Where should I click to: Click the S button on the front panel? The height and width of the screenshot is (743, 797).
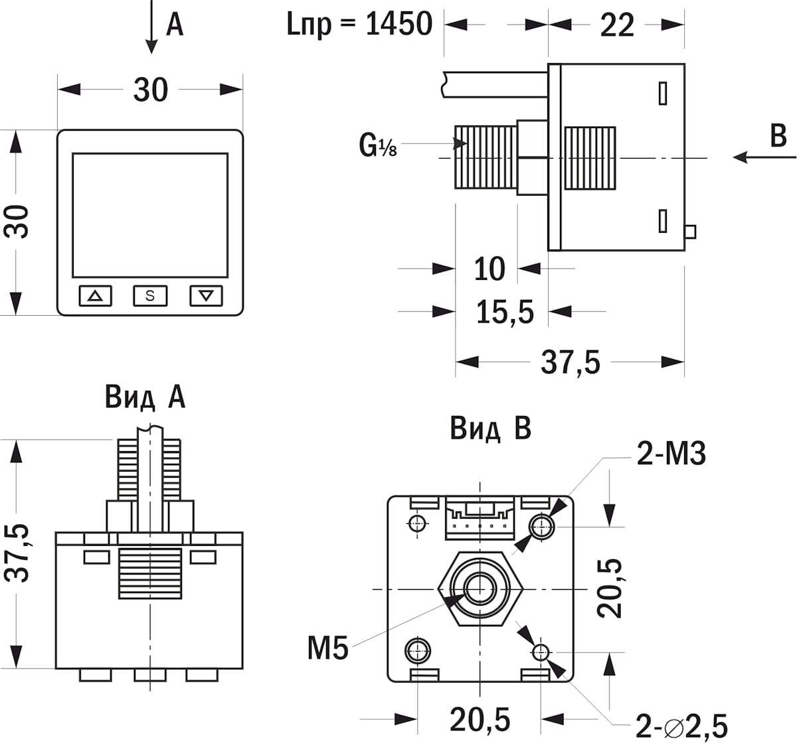pyautogui.click(x=150, y=295)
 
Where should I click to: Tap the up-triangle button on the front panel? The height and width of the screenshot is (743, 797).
pyautogui.click(x=96, y=295)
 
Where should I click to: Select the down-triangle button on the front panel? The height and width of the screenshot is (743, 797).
pyautogui.click(x=206, y=295)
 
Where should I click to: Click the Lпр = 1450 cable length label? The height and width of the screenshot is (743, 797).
pyautogui.click(x=359, y=25)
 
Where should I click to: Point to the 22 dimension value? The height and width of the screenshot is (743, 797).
pyautogui.click(x=617, y=25)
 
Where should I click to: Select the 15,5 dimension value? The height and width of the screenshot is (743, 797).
pyautogui.click(x=505, y=311)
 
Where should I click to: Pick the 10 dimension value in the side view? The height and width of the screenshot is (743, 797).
pyautogui.click(x=489, y=269)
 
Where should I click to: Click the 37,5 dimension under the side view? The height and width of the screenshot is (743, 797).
pyautogui.click(x=571, y=362)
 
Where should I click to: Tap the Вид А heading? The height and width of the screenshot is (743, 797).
pyautogui.click(x=145, y=397)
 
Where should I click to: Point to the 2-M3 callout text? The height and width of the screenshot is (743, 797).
pyautogui.click(x=671, y=454)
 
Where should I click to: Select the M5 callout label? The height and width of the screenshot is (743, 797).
pyautogui.click(x=327, y=649)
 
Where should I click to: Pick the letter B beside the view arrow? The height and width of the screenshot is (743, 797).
pyautogui.click(x=778, y=136)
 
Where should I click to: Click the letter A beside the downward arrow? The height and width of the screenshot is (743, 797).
pyautogui.click(x=174, y=25)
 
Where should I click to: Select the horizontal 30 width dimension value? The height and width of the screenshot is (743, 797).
pyautogui.click(x=151, y=90)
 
